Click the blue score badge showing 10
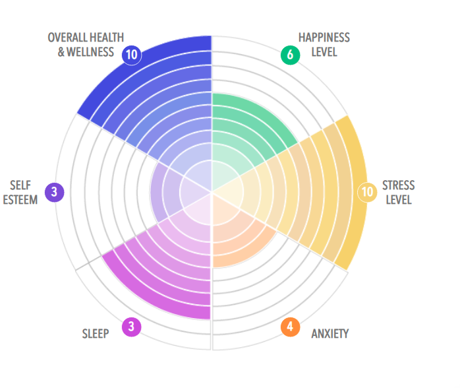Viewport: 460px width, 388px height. pyautogui.click(x=132, y=55)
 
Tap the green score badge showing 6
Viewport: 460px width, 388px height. pyautogui.click(x=290, y=55)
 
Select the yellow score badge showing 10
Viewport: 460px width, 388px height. pyautogui.click(x=366, y=192)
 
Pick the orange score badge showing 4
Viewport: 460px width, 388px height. pyautogui.click(x=290, y=327)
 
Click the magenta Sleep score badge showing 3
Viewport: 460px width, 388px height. pyautogui.click(x=132, y=327)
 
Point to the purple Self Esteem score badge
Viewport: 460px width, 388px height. pyautogui.click(x=54, y=192)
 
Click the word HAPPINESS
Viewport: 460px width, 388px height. pyautogui.click(x=324, y=38)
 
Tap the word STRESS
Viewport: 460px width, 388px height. pyautogui.click(x=399, y=185)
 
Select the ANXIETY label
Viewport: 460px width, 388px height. pyautogui.click(x=330, y=333)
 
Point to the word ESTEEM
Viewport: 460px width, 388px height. pyautogui.click(x=20, y=199)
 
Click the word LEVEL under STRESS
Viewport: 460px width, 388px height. pyautogui.click(x=399, y=199)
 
